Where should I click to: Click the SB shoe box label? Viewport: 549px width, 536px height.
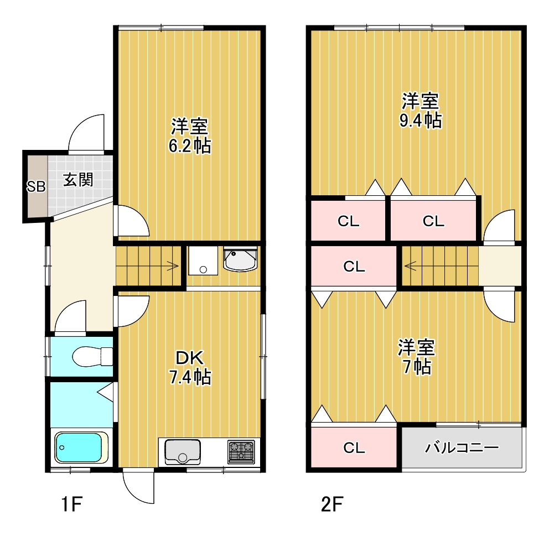36,186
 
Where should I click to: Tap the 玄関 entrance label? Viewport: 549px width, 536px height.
78,180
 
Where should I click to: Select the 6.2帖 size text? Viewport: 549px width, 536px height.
190,146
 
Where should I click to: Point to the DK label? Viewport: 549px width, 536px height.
189,358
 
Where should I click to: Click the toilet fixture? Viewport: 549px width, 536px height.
92,357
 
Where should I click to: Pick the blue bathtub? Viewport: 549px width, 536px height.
81,448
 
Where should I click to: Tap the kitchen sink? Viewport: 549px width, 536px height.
183,451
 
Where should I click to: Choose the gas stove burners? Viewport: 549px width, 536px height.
241,451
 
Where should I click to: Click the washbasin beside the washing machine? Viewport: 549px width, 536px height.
240,259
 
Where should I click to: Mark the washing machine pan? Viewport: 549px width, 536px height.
203,261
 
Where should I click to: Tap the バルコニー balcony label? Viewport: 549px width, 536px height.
462,447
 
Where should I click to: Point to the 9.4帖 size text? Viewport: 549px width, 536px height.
421,121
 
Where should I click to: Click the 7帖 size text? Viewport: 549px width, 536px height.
417,367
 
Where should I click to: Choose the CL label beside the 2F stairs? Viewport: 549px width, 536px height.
354,267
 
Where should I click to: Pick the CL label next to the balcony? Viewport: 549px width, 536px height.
354,448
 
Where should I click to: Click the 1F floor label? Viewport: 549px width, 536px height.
72,504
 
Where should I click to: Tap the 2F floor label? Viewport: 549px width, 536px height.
332,504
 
